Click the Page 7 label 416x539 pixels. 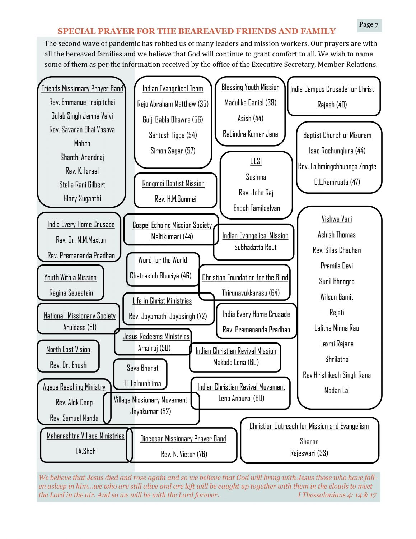pyautogui.click(x=369, y=25)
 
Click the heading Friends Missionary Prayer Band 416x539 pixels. pyautogui.click(x=82, y=88)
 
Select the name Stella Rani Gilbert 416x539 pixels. pyautogui.click(x=82, y=185)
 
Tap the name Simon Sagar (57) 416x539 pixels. pyautogui.click(x=173, y=151)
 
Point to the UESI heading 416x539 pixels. pyautogui.click(x=256, y=161)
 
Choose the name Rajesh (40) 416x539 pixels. pyautogui.click(x=332, y=105)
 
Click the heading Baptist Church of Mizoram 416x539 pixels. pyautogui.click(x=337, y=135)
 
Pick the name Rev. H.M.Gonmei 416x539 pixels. pyautogui.click(x=176, y=199)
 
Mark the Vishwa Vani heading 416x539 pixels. pyautogui.click(x=337, y=219)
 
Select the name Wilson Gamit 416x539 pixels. pyautogui.click(x=337, y=297)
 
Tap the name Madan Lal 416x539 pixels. pyautogui.click(x=337, y=391)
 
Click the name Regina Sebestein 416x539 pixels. pyautogui.click(x=71, y=293)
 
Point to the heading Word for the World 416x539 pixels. pyautogui.click(x=163, y=260)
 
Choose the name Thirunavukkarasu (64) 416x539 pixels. pyautogui.click(x=251, y=293)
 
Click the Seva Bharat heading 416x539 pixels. pyautogui.click(x=142, y=368)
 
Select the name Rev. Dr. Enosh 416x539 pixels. pyautogui.click(x=68, y=365)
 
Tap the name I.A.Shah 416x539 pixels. pyautogui.click(x=85, y=451)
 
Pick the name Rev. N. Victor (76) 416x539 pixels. pyautogui.click(x=184, y=454)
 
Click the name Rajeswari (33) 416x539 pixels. pyautogui.click(x=309, y=453)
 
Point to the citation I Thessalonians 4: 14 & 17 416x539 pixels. pyautogui.click(x=337, y=495)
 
